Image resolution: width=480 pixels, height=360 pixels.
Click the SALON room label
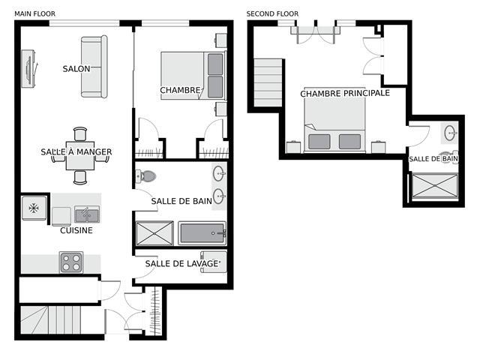coord(76,69)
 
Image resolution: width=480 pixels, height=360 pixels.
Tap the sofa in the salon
coord(94,67)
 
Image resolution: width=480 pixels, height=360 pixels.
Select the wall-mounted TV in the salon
coord(28,69)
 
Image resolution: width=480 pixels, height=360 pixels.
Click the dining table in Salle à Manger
coord(80,155)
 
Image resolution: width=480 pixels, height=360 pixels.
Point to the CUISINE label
coord(76,230)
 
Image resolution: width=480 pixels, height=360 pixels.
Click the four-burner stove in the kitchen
coord(71,262)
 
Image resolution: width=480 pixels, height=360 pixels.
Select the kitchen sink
coord(87,214)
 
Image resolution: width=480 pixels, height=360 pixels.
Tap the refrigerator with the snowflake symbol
coord(34,208)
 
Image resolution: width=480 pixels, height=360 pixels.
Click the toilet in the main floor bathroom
coord(145,177)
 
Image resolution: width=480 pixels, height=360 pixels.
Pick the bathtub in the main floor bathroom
coord(202,233)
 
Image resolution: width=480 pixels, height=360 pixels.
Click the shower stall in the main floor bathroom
coord(154,233)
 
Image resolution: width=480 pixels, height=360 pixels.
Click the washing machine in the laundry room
coord(214,262)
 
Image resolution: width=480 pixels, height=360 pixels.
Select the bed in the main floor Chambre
coord(193,75)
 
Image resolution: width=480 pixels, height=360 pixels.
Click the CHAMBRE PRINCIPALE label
coord(345,93)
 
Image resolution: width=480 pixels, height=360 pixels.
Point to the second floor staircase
coord(268,82)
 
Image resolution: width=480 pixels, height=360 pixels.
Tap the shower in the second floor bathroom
coord(435,186)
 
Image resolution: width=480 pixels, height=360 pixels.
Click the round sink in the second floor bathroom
coord(450,133)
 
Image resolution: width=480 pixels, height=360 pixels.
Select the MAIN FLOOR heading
coord(35,13)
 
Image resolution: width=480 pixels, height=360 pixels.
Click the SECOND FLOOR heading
coord(272,13)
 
